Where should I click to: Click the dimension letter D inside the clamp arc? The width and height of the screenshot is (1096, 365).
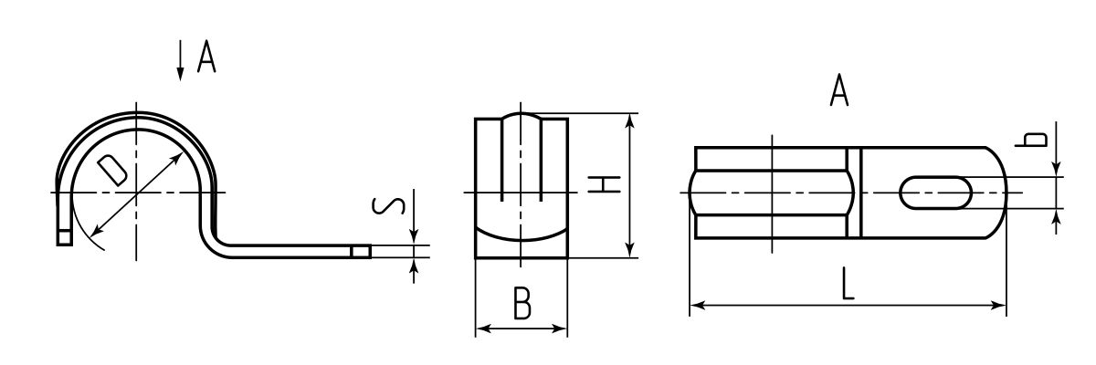coord(112,171)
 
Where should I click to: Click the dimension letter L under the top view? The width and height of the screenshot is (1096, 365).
coord(848,287)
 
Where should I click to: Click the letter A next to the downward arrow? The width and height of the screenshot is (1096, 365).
coord(206,60)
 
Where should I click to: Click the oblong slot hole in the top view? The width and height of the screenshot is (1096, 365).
coord(936,193)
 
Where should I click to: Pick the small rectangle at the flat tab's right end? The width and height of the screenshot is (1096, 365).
coord(361,251)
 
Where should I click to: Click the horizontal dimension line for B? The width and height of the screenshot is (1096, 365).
coord(522,328)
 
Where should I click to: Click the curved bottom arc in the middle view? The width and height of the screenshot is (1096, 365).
coord(522,235)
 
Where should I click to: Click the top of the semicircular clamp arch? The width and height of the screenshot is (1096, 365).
coord(136,118)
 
